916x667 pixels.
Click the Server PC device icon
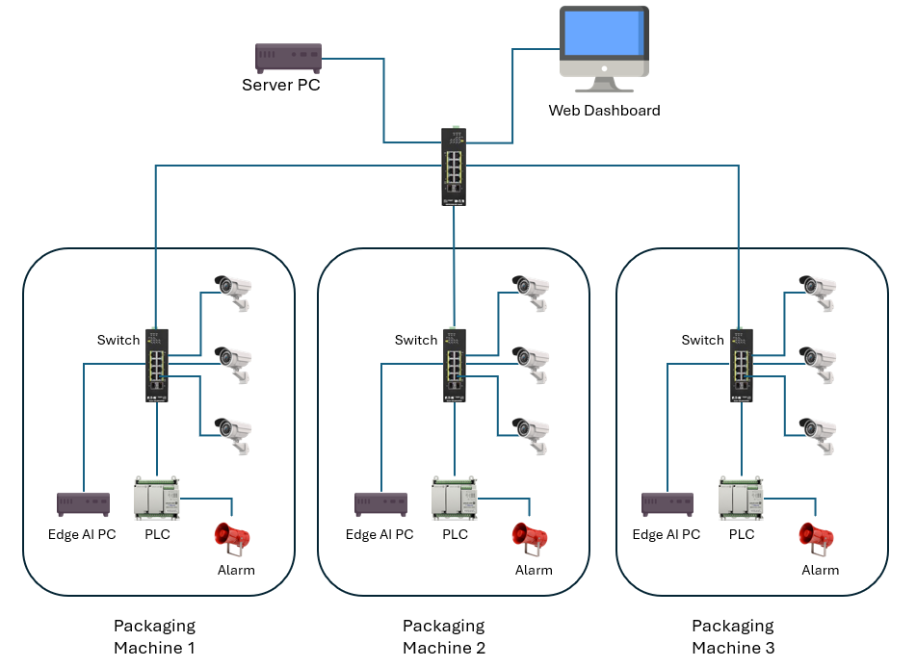coord(288,57)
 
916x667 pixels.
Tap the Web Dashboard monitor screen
coord(603,34)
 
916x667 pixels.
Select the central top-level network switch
coord(454,166)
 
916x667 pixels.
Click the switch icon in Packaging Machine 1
coord(157,365)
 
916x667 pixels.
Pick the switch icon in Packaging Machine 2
coord(454,365)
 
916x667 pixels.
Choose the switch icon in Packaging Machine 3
coord(740,365)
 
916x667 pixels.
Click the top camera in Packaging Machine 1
coord(233,290)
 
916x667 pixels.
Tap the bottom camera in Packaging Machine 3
coord(818,430)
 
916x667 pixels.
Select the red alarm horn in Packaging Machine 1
coord(233,538)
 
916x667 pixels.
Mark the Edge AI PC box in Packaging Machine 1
coord(83,502)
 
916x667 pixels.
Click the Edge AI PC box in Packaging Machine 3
coord(667,502)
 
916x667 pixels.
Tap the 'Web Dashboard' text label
coord(604,111)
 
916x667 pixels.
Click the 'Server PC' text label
coord(281,86)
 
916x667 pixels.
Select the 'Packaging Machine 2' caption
coord(444,637)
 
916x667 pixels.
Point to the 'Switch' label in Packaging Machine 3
coord(702,340)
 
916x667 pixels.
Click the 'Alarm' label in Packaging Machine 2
coord(534,570)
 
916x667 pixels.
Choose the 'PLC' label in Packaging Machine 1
coord(157,534)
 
